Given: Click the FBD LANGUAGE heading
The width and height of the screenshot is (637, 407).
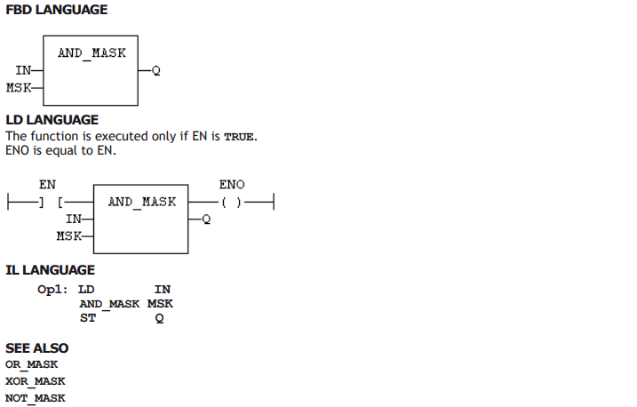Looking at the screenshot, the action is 57,10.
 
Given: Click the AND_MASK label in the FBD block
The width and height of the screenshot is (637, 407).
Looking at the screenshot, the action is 92,53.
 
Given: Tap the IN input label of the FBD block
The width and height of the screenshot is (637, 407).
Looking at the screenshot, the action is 23,70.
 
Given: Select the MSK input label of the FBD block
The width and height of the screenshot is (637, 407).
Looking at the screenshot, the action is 19,87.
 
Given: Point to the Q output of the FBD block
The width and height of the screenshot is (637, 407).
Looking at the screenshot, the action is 156,71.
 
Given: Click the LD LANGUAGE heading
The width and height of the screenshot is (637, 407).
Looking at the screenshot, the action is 52,120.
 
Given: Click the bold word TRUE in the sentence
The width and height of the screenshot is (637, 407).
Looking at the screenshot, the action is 239,137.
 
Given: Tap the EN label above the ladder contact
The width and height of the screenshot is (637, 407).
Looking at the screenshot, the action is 48,185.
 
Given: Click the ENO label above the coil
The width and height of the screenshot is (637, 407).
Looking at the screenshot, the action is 232,185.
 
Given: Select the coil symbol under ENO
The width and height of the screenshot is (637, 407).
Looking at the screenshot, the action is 232,202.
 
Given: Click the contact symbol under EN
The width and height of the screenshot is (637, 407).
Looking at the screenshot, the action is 51,202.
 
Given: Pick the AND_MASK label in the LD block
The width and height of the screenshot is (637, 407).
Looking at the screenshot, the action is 142,202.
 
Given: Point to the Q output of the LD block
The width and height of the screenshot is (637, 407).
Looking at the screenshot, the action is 206,219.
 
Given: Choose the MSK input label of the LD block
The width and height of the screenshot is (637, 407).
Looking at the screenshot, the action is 69,235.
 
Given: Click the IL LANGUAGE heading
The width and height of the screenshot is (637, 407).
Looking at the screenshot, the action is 50,270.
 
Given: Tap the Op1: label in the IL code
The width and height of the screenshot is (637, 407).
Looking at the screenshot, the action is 52,290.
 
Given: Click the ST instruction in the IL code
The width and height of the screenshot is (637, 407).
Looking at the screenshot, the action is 88,318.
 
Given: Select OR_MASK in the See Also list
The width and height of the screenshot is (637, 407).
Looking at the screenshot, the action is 32,364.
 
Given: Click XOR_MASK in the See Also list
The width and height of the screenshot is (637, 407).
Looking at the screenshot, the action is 36,381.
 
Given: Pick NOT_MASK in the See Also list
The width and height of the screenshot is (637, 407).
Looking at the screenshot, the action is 36,398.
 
